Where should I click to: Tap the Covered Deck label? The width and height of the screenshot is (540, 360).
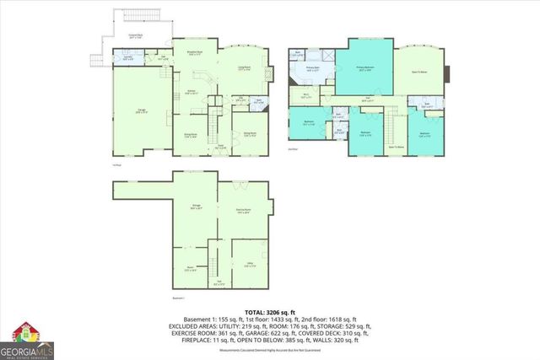point(135,36)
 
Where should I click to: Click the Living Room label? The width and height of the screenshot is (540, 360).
point(246,69)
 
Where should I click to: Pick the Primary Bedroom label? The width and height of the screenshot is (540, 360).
point(364,71)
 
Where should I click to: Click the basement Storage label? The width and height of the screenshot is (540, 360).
point(195,207)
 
